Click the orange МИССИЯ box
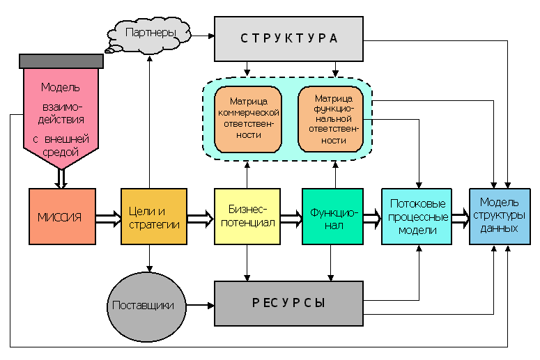click(x=62, y=217)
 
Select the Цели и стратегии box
click(x=154, y=217)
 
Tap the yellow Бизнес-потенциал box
click(x=247, y=217)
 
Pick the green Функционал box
click(x=332, y=217)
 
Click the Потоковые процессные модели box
click(x=417, y=217)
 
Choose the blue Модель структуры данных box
click(x=500, y=217)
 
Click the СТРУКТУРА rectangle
click(x=288, y=39)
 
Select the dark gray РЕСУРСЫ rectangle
click(x=288, y=304)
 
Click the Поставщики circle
click(x=146, y=306)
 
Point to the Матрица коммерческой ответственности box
click(x=248, y=119)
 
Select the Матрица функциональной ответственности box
click(x=330, y=119)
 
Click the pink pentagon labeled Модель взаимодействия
click(x=61, y=117)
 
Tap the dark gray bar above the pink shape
click(x=61, y=61)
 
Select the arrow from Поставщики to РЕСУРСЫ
click(x=200, y=305)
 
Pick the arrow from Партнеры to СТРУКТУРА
click(x=203, y=36)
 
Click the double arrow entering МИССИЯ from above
click(x=61, y=179)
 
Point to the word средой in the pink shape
click(x=61, y=152)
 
